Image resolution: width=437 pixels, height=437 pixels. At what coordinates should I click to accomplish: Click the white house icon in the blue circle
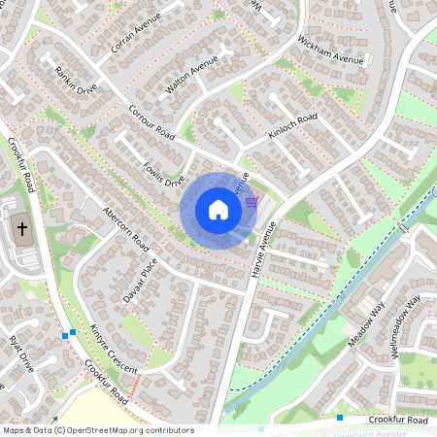[x=218, y=210]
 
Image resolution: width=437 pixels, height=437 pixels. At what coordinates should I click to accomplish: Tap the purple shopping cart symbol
[x=252, y=202]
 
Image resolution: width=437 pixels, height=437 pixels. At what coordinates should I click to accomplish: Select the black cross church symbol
[x=22, y=229]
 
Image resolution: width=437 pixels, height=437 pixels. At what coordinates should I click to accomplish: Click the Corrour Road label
[x=151, y=121]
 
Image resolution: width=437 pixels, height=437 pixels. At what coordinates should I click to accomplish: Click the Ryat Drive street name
[x=20, y=353]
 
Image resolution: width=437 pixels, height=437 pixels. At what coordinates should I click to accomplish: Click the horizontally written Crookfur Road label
[x=398, y=420]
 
